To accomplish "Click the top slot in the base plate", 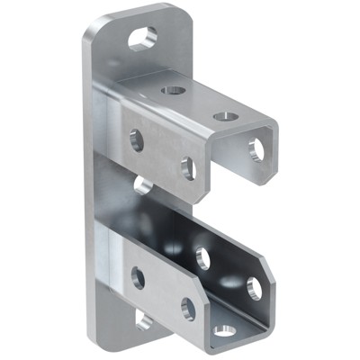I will tap(142, 38).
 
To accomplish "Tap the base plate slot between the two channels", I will tap(141, 185).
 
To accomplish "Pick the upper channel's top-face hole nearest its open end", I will tap(225, 116).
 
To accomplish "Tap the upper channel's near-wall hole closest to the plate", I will tap(136, 139).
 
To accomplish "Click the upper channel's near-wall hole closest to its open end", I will tap(188, 167).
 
